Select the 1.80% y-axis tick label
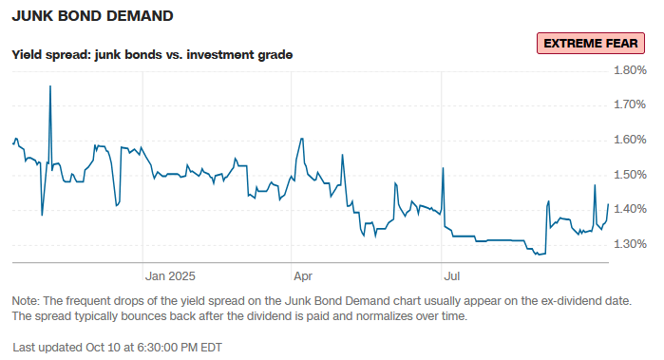tap(631, 70)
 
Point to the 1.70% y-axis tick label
tap(631, 104)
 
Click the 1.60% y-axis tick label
tap(631, 140)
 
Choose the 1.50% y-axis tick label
tap(631, 175)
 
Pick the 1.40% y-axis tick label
tap(631, 209)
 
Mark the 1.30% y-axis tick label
tap(631, 244)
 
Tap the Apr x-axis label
tap(304, 276)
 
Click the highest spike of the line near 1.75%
tap(50, 86)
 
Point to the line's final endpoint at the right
tap(608, 203)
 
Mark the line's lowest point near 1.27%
tap(539, 255)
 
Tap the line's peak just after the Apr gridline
tap(301, 139)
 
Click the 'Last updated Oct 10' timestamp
tap(117, 347)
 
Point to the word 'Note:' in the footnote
tap(28, 300)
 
